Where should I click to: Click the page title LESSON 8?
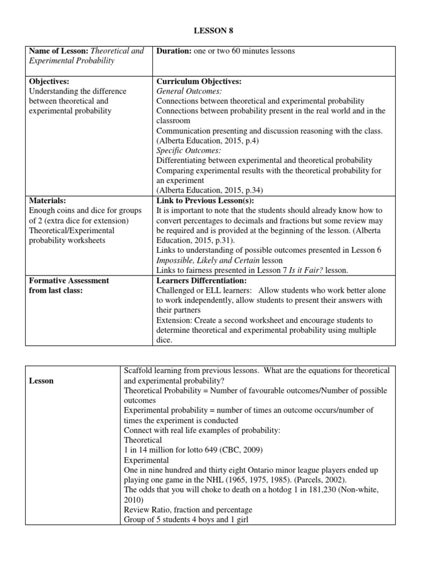[213, 32]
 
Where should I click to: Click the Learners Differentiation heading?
[201, 281]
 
